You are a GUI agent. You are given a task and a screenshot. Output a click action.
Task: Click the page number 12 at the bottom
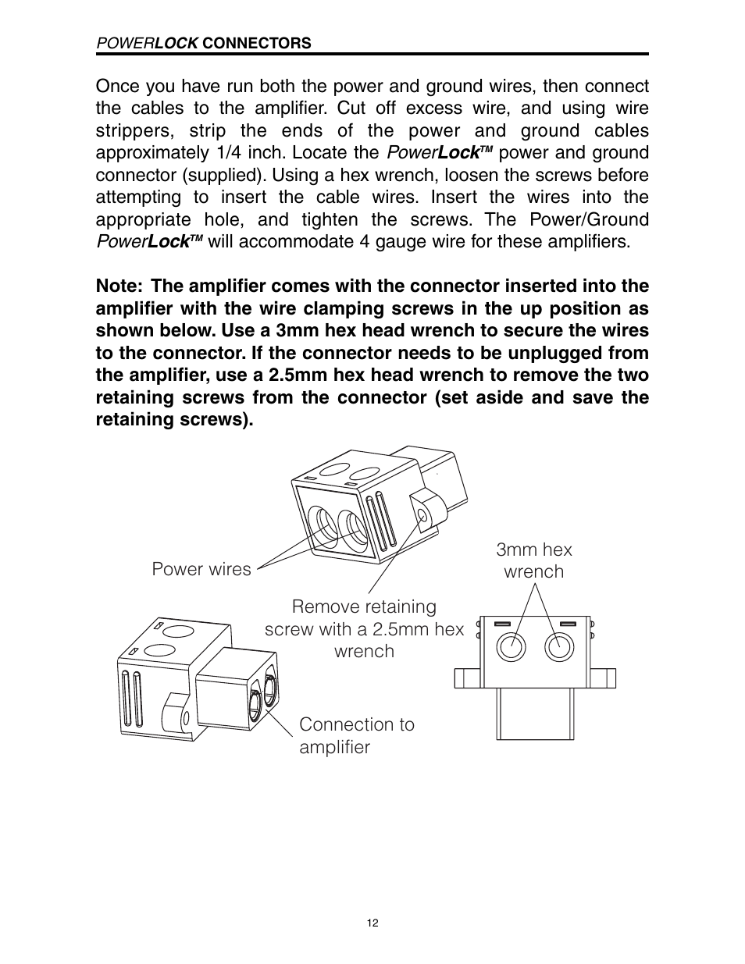pos(372,923)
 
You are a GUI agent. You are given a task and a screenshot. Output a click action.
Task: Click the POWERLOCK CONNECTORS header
pos(203,44)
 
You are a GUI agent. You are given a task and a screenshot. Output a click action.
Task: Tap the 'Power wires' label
pos(201,569)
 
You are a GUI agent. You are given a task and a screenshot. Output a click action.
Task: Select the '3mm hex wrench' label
pos(534,560)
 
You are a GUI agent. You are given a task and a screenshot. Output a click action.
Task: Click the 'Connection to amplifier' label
pos(356,735)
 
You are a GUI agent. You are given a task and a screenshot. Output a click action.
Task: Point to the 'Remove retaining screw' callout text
pos(364,628)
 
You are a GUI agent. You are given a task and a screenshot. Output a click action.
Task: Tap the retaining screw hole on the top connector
pos(422,516)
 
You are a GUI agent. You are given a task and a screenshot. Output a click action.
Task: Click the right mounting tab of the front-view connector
pos(604,677)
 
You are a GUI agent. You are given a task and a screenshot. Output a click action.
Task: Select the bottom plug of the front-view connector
pos(535,714)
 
